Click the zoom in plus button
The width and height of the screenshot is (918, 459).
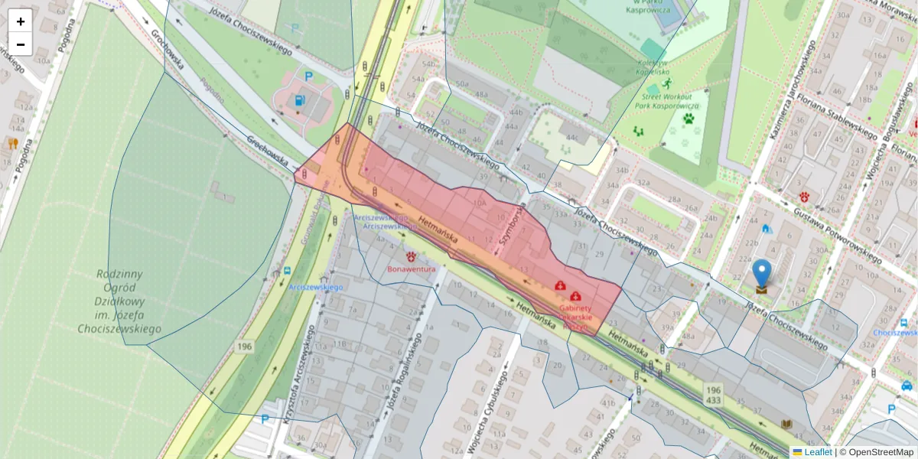point(21,21)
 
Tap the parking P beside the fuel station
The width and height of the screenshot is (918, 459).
point(309,76)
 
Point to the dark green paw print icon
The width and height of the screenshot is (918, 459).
point(688,119)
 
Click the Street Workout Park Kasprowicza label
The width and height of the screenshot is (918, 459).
point(667,103)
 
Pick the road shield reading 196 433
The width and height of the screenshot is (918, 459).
point(713,394)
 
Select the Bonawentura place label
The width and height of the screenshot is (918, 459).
point(412,269)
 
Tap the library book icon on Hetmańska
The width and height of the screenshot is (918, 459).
point(786,425)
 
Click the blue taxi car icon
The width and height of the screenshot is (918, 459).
point(907,386)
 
